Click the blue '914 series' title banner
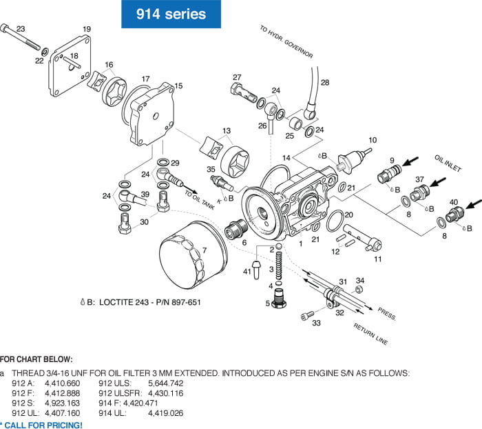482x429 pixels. click(x=170, y=14)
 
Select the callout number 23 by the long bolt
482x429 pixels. click(x=21, y=29)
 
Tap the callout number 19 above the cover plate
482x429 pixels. click(x=87, y=29)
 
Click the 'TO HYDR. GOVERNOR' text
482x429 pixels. click(x=286, y=42)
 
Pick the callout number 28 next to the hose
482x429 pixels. click(x=325, y=83)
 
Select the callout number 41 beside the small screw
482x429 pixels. click(x=247, y=272)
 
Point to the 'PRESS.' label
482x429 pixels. click(x=387, y=315)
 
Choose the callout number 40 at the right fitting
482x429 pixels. click(x=454, y=202)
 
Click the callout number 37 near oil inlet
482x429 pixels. click(x=419, y=179)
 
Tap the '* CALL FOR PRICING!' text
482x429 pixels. click(x=41, y=424)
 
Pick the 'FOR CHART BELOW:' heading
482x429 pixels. click(x=35, y=359)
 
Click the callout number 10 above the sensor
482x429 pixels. click(x=373, y=140)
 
